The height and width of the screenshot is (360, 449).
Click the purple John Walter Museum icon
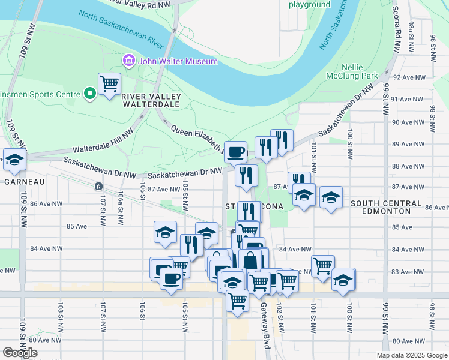128,61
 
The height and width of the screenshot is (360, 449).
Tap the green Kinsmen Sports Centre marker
90,94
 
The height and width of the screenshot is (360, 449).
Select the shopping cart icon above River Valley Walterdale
109,85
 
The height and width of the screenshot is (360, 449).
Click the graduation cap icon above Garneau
14,159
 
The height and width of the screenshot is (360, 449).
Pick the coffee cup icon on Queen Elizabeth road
235,151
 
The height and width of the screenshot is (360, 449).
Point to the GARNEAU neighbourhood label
22,181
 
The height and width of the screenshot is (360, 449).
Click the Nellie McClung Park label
359,71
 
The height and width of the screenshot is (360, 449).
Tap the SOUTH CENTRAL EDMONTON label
388,207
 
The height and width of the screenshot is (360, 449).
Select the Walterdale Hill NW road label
104,140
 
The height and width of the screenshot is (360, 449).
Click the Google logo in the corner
20,353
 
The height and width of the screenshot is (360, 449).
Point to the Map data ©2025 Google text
411,355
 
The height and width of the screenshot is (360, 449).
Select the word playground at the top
309,5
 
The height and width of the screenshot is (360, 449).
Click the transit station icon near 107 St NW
98,187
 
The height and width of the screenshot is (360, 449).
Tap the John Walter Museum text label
178,61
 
